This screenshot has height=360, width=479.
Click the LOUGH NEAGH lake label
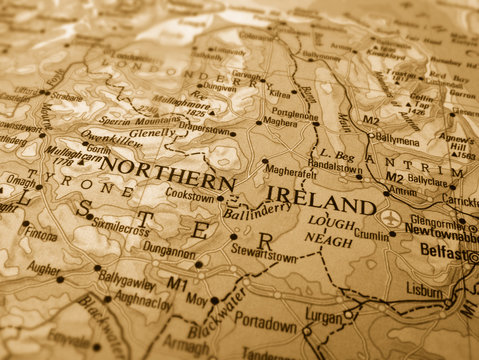pyautogui.click(x=330, y=231)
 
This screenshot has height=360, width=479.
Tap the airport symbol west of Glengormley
pyautogui.click(x=391, y=217)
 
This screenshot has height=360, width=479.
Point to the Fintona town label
pyautogui.click(x=41, y=235)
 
